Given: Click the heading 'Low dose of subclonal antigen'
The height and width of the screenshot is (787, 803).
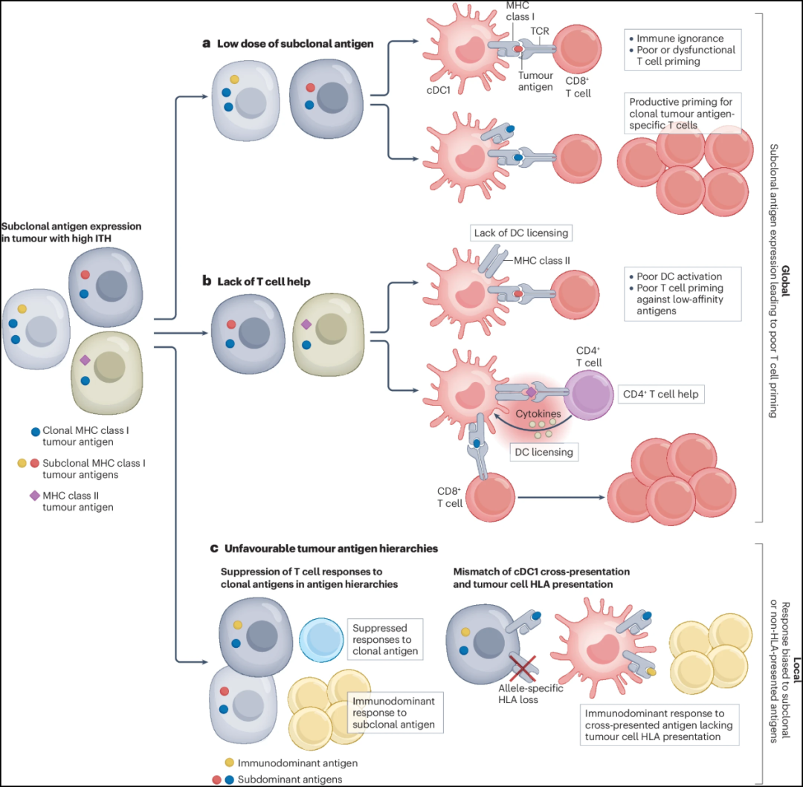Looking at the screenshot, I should pyautogui.click(x=294, y=44).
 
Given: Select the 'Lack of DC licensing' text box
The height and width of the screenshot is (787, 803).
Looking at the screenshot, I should pyautogui.click(x=520, y=233).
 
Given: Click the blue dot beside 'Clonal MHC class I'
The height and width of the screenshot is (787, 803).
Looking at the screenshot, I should pyautogui.click(x=36, y=430).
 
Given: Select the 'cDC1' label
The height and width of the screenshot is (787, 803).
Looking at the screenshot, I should pyautogui.click(x=441, y=91).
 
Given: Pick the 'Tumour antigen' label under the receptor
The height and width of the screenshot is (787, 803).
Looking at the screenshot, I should pyautogui.click(x=535, y=80).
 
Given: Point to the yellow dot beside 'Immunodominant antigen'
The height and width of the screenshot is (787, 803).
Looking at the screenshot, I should pyautogui.click(x=229, y=762).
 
